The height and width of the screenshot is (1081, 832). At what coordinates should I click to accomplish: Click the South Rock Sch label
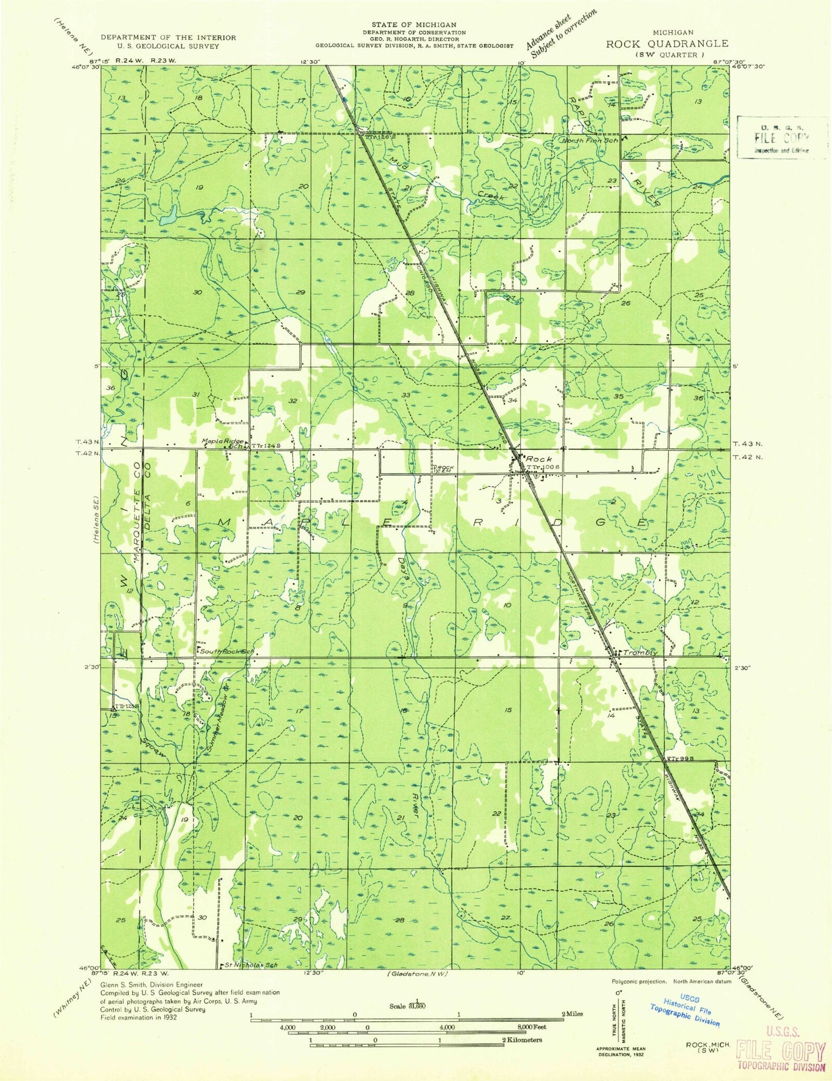point(226,651)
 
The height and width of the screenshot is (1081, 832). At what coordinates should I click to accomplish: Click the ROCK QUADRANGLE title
point(666,43)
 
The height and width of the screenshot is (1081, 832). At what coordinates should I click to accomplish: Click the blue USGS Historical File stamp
point(685,1011)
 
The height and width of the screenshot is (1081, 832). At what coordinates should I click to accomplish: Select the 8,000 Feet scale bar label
point(531,1026)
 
